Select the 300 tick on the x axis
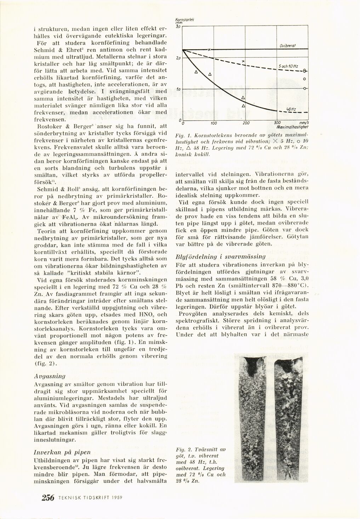[277, 123]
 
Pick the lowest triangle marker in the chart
[243, 106]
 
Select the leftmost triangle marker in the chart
[196, 72]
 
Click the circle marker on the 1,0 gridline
[305, 88]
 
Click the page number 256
[47, 497]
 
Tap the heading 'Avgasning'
[47, 375]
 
